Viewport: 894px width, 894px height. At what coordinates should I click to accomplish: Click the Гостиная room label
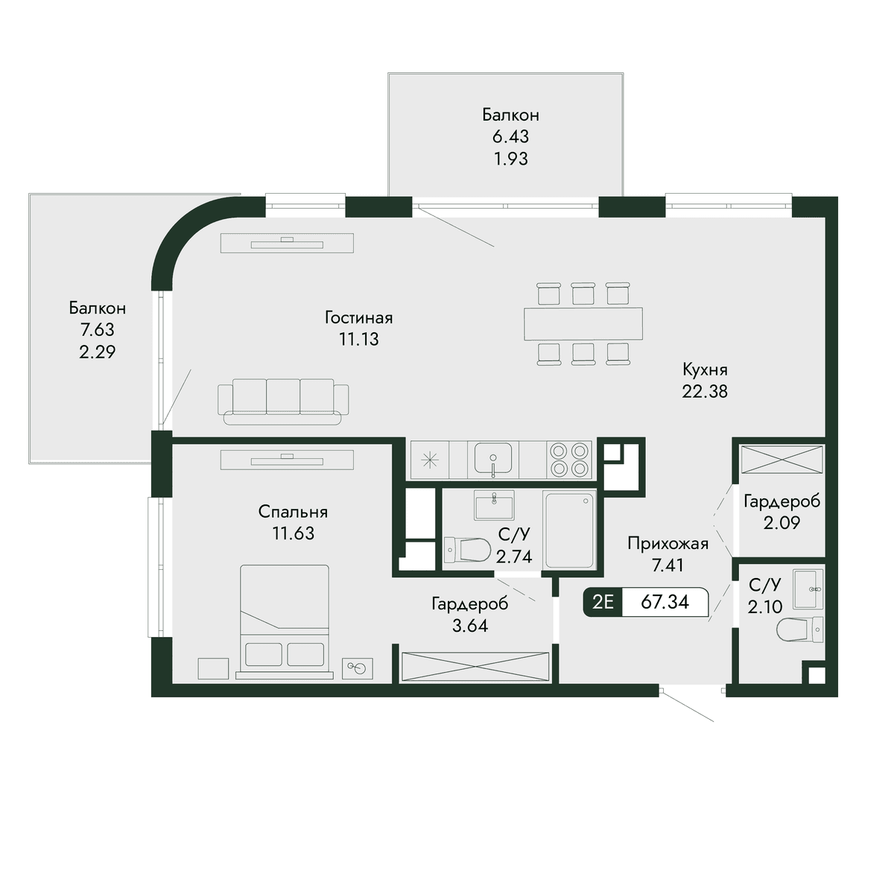(x=358, y=318)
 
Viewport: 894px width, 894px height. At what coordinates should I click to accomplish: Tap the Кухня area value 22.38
(x=705, y=391)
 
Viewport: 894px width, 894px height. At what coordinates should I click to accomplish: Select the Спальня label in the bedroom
(x=293, y=512)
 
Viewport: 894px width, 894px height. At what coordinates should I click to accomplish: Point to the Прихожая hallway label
(x=668, y=544)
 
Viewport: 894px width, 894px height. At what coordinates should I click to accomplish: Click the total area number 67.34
(x=665, y=602)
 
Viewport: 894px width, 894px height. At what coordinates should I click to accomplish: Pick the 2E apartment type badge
(x=603, y=602)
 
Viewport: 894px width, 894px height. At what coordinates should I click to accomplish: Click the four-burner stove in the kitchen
(x=568, y=460)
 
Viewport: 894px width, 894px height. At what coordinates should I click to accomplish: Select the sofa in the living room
(x=283, y=402)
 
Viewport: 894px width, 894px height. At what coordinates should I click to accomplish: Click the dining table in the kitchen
(x=583, y=323)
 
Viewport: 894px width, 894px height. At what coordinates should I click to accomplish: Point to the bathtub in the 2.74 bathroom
(x=570, y=530)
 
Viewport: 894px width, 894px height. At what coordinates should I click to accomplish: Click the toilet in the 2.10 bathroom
(x=800, y=630)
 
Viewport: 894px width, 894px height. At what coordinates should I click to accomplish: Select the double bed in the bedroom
(x=285, y=621)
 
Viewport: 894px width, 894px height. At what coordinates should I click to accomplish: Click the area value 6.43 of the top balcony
(x=510, y=137)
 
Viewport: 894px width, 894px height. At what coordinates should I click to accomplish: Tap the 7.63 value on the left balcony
(x=97, y=330)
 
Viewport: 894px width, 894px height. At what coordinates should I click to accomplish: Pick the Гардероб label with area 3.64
(x=470, y=603)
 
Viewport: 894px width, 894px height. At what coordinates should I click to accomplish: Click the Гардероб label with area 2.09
(x=782, y=501)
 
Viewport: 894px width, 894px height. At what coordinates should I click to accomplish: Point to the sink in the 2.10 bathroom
(x=808, y=589)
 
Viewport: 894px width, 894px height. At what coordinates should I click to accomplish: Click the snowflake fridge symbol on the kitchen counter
(x=430, y=460)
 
